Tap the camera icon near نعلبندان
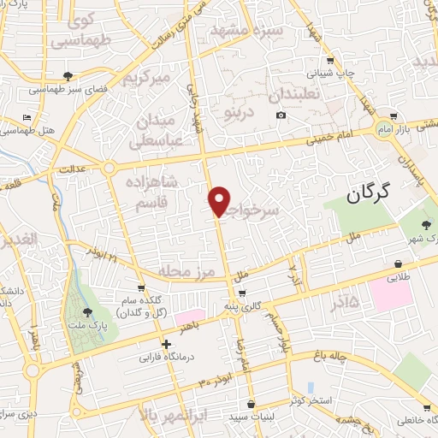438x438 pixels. tap(281, 115)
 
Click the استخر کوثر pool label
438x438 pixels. tap(311, 400)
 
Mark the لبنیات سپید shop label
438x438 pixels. tap(251, 417)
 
